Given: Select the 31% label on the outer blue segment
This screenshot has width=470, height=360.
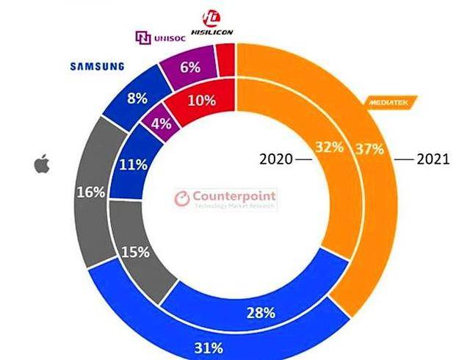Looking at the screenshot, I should click(229, 344).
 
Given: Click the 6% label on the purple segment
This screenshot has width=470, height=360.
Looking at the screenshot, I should click(189, 68).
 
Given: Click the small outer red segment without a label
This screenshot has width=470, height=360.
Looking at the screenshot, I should click(226, 54).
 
